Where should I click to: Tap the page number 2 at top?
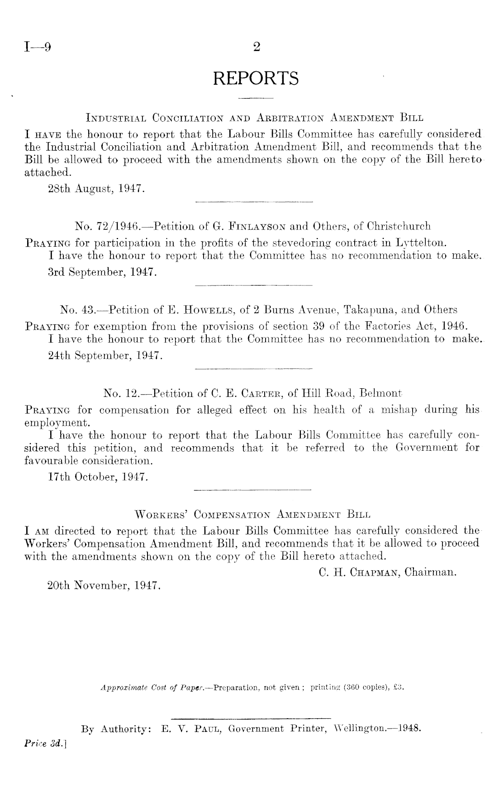(257, 47)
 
